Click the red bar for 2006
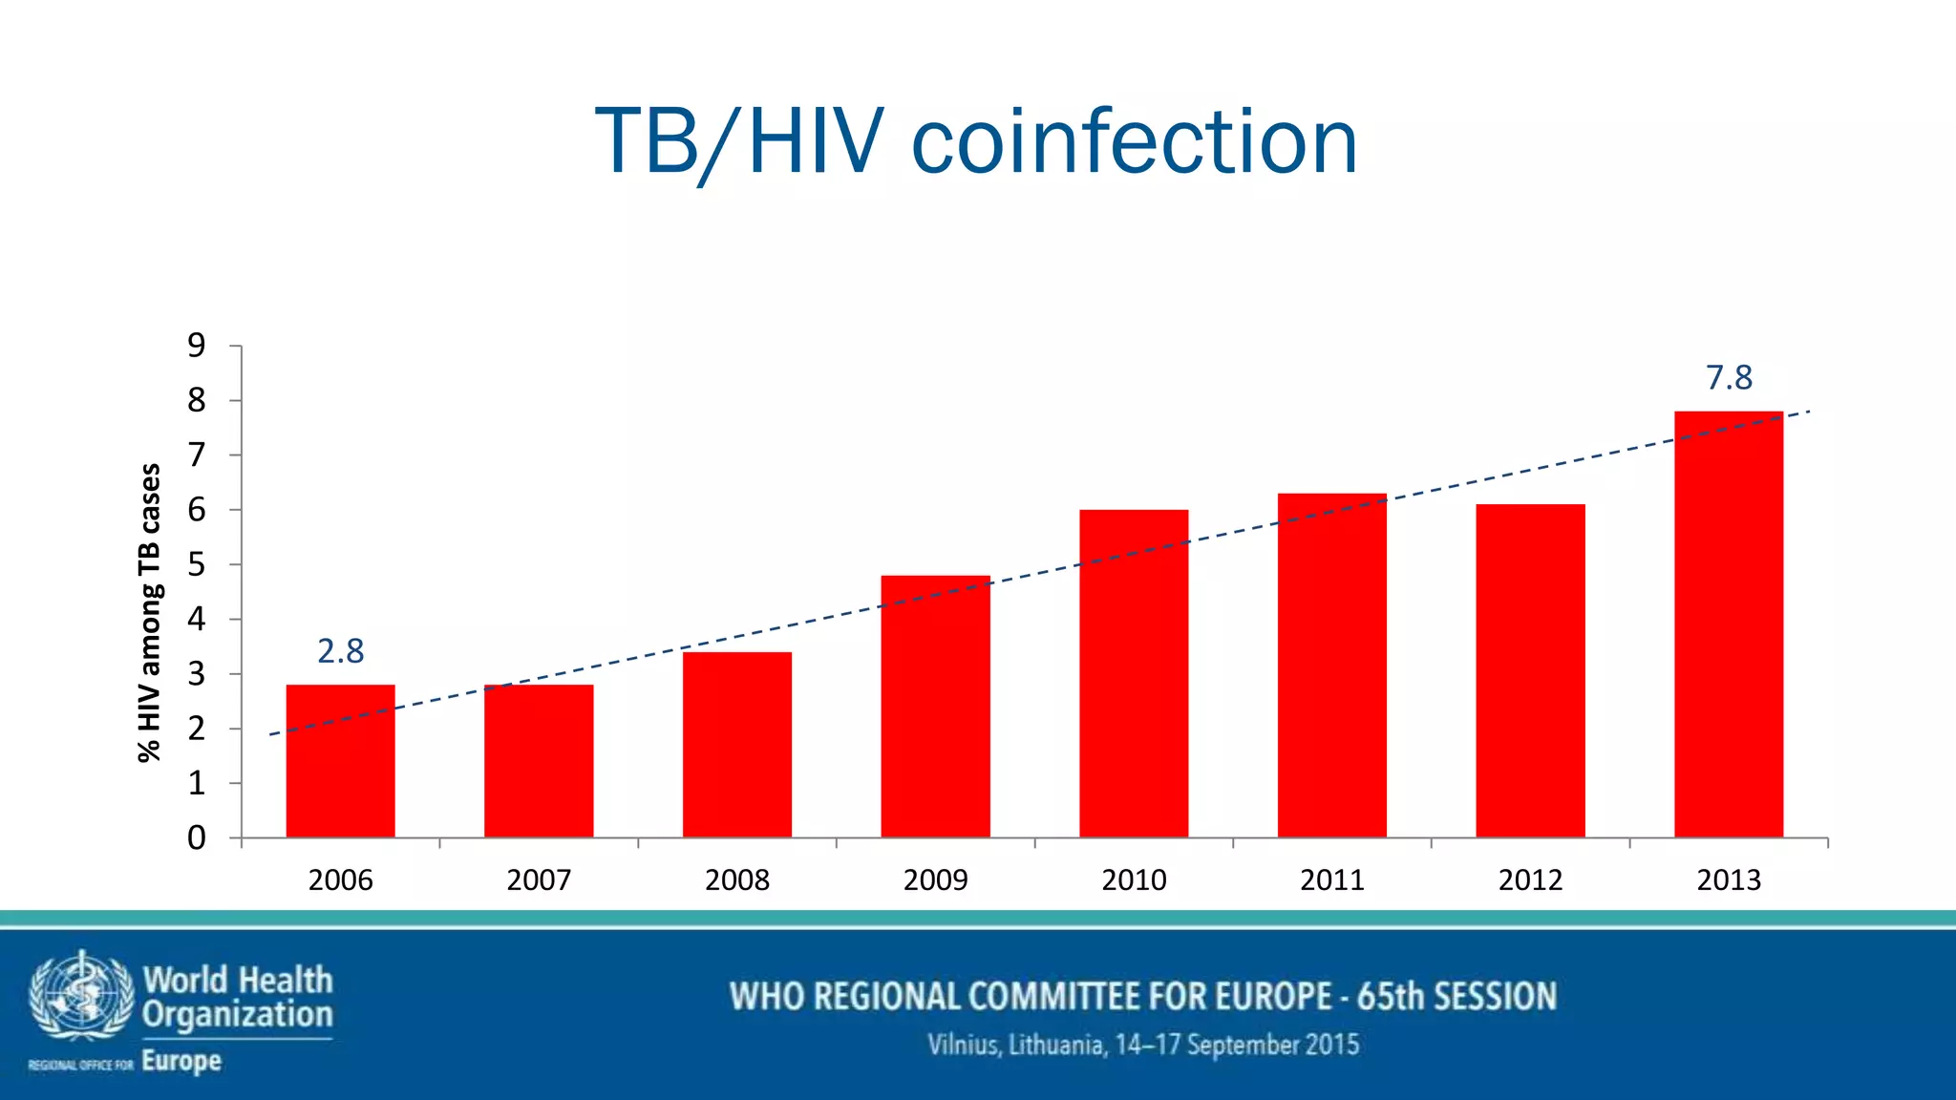(340, 761)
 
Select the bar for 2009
(935, 707)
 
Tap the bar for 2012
(1530, 670)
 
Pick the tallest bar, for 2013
(1728, 624)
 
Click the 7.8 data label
(1729, 378)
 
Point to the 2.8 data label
(340, 651)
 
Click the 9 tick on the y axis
(197, 346)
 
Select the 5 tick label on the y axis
(197, 564)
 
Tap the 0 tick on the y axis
(197, 838)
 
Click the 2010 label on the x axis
(1134, 879)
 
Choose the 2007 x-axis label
(539, 879)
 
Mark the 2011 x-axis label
(1332, 879)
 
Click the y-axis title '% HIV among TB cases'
(150, 612)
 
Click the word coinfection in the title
(1134, 142)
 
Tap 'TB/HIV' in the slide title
(739, 142)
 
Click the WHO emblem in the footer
(80, 997)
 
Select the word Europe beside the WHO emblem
(181, 1061)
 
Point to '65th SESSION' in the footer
(1456, 996)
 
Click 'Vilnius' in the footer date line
(965, 1045)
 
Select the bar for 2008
(736, 745)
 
